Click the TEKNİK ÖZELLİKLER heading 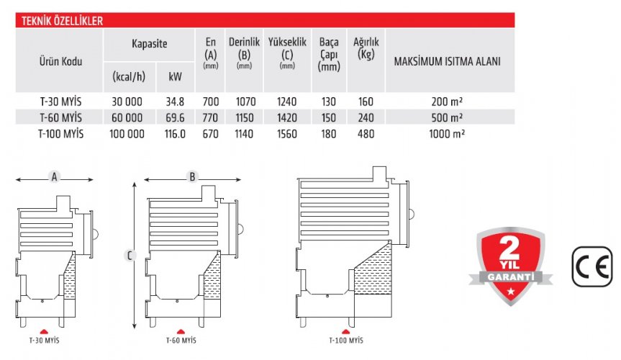pos(62,21)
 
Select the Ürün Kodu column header pos(60,61)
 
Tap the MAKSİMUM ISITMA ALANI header pos(447,61)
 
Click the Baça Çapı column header pos(329,54)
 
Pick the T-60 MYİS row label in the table pos(60,118)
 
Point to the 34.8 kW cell pos(175,102)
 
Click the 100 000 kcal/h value pos(127,134)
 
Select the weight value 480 pos(366,134)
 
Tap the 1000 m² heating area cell pos(447,134)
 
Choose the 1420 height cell pos(286,118)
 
